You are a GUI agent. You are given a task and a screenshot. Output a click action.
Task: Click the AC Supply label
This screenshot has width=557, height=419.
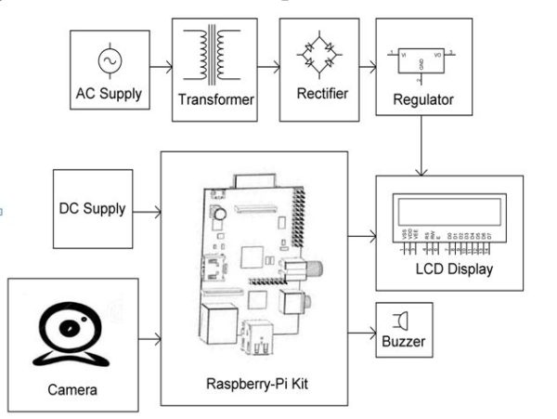click(x=110, y=94)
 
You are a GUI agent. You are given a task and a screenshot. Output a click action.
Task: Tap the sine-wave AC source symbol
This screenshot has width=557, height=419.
click(x=110, y=60)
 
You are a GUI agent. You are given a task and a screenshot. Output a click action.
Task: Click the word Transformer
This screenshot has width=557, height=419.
click(x=213, y=100)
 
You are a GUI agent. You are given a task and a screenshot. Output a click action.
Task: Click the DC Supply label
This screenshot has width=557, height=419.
click(x=91, y=209)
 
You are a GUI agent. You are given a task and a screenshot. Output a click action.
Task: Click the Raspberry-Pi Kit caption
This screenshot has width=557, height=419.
click(x=253, y=384)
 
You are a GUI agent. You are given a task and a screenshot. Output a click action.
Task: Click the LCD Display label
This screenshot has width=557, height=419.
click(x=448, y=270)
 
